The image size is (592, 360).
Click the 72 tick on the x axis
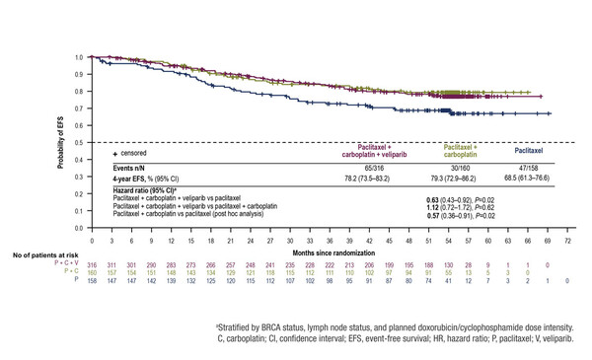pyautogui.click(x=565, y=240)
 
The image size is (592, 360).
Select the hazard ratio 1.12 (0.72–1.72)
pyautogui.click(x=461, y=206)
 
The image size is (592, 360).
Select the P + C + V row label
pyautogui.click(x=68, y=264)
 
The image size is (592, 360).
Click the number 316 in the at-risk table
pyautogui.click(x=92, y=264)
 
